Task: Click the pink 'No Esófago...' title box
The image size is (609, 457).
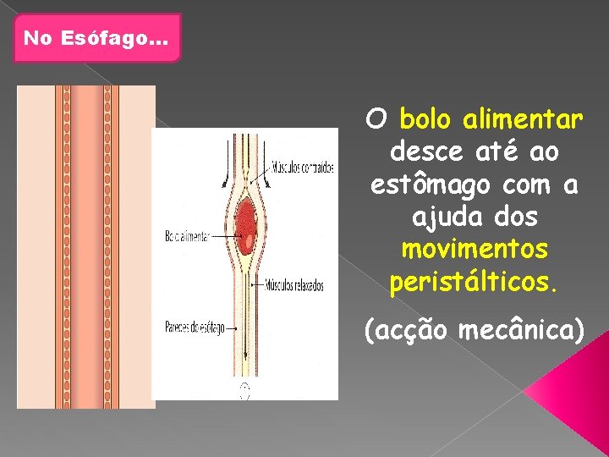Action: pos(97,38)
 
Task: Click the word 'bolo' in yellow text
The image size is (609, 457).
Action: pos(428,119)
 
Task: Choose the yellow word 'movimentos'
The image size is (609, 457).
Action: pos(475,251)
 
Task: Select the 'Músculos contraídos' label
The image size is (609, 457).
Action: pos(303,167)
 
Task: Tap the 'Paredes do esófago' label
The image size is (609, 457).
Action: pos(195,327)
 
